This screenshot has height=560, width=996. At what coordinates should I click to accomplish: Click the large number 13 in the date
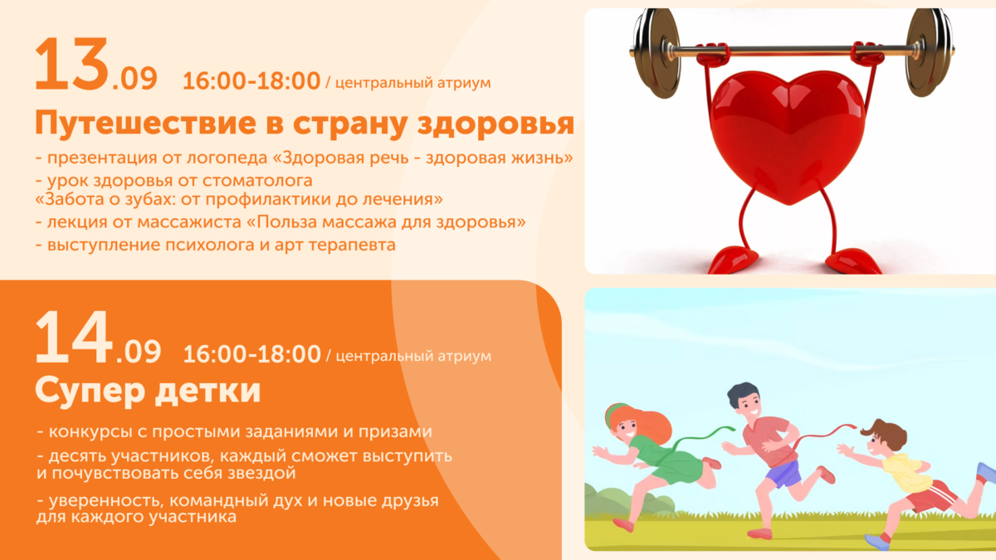[72, 64]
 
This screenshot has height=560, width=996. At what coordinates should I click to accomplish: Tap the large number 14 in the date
[73, 338]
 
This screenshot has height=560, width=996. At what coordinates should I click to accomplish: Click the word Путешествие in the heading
[145, 124]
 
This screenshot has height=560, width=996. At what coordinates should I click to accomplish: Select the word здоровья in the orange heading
[496, 124]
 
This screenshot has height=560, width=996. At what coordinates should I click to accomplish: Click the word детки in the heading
[207, 390]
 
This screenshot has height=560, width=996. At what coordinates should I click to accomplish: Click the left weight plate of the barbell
[657, 53]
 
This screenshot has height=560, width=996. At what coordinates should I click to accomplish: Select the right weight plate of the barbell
[930, 52]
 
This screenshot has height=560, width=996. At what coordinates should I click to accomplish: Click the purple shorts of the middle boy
[784, 473]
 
